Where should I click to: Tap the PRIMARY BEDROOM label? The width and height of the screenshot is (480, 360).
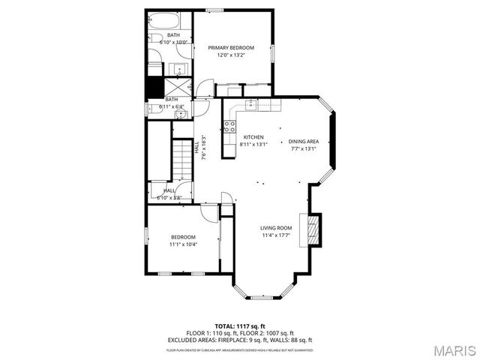tap(231, 48)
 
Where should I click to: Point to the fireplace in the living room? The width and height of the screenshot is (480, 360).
tap(311, 230)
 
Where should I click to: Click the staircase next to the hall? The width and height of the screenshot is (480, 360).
tap(183, 159)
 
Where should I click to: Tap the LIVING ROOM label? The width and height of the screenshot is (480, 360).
tap(276, 228)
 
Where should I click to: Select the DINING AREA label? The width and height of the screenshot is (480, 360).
tap(304, 141)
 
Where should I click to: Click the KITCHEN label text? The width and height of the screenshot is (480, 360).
tap(252, 137)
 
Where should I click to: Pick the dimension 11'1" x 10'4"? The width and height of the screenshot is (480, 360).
tap(182, 244)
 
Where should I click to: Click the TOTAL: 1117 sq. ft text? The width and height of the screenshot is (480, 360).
tap(240, 326)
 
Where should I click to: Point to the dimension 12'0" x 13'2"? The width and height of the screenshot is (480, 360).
tap(231, 55)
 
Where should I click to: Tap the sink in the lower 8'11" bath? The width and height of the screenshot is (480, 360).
tap(159, 115)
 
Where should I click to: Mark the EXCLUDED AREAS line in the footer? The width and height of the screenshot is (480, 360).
tap(240, 339)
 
